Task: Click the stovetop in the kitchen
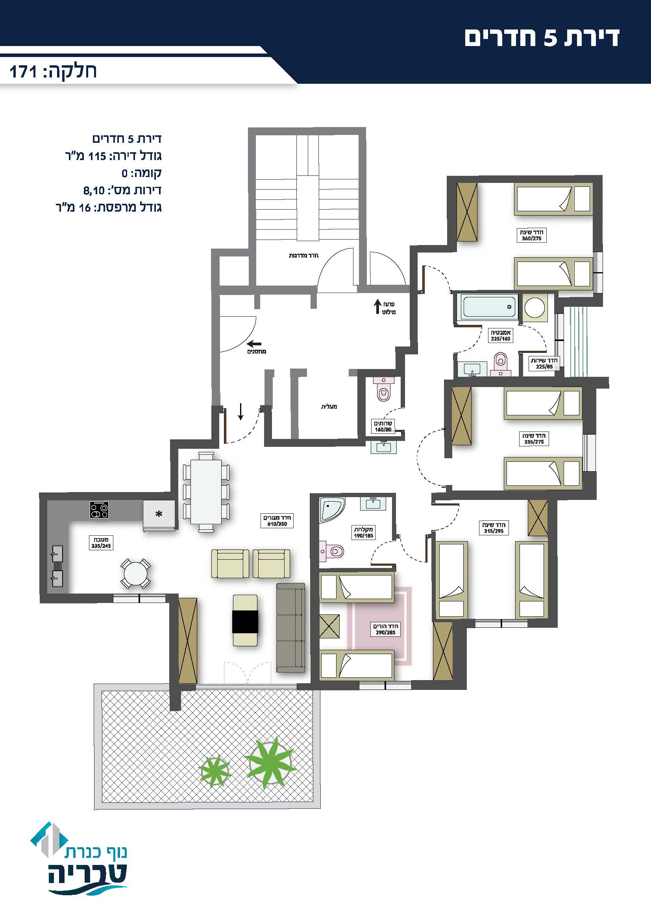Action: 99,510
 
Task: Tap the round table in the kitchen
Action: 135,574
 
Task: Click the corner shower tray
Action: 331,510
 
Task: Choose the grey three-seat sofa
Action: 290,628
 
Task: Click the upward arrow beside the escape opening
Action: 377,306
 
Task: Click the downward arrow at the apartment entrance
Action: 240,412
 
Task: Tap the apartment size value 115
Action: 97,156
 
